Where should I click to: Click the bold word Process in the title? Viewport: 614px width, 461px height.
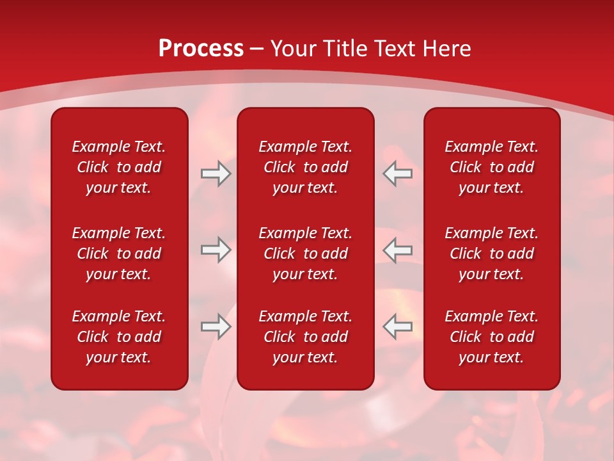(x=201, y=49)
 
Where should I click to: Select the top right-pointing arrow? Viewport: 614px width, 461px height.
(x=216, y=174)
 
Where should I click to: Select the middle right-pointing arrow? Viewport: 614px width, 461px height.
(x=216, y=249)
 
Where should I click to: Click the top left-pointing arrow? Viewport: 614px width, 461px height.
(x=398, y=174)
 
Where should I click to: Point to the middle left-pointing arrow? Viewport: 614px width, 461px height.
(x=398, y=249)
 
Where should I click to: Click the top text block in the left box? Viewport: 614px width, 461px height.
(x=119, y=167)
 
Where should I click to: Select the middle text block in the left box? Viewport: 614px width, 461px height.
(x=119, y=254)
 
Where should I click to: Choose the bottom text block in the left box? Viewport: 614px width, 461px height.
(x=119, y=337)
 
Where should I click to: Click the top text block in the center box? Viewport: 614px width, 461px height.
(x=305, y=167)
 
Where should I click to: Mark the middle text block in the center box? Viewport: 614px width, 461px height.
(x=305, y=254)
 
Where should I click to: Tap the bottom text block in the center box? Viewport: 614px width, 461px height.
(x=305, y=337)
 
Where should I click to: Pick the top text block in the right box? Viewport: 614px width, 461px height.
(x=491, y=167)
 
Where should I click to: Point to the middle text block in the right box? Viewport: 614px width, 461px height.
(x=491, y=254)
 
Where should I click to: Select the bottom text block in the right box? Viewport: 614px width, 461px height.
(x=491, y=337)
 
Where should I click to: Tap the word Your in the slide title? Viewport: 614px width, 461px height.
(x=294, y=49)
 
